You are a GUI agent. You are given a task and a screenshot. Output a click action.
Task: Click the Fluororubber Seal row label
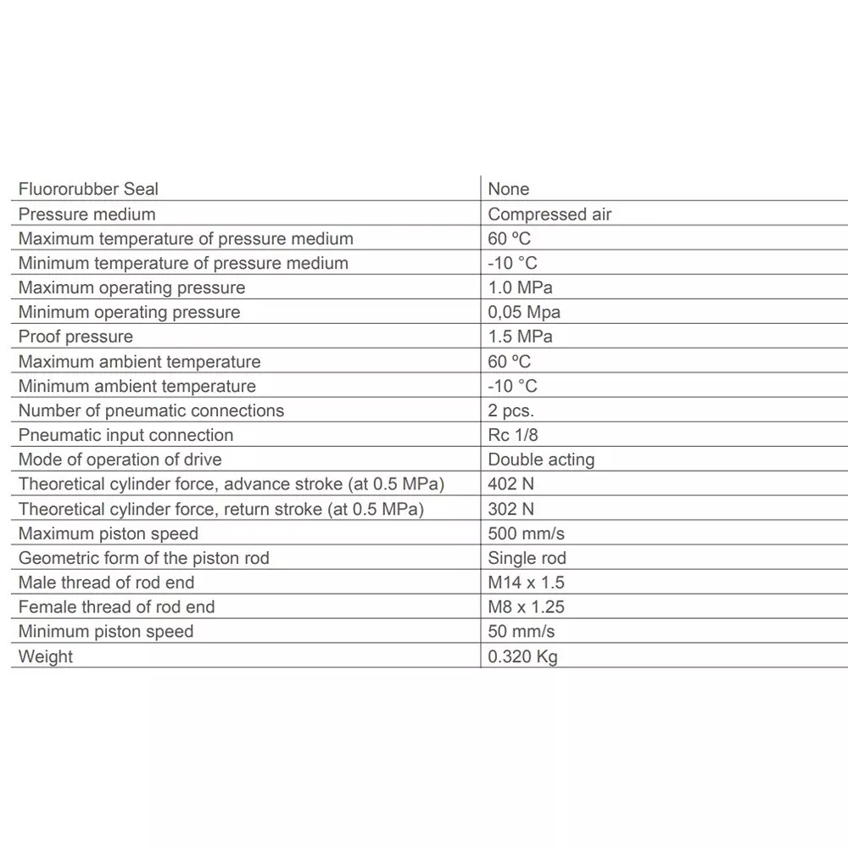(x=88, y=189)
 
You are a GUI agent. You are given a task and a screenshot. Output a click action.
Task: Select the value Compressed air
(x=550, y=215)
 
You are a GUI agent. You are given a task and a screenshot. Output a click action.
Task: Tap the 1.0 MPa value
(x=520, y=287)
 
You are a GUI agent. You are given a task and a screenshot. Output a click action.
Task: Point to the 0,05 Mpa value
(x=524, y=312)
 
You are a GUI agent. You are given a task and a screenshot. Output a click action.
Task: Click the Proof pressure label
(x=75, y=337)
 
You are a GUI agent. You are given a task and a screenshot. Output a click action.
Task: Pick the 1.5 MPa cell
(x=520, y=337)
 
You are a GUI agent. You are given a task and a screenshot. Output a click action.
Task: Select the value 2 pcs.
(x=511, y=410)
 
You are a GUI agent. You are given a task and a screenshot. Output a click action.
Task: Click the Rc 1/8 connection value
(x=513, y=435)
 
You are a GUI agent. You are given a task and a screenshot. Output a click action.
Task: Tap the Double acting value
(x=541, y=460)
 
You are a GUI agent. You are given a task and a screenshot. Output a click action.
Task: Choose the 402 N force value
(x=511, y=484)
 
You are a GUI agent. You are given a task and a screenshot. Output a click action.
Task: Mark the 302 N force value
(x=511, y=509)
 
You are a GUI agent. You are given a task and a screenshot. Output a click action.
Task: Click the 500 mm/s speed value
(x=527, y=533)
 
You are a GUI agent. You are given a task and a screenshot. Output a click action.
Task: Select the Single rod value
(x=527, y=558)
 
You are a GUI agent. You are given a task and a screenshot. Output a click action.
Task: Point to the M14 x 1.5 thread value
(x=526, y=583)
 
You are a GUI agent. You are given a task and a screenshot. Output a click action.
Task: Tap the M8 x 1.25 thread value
(x=526, y=607)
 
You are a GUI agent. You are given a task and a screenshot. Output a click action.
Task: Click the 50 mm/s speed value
(x=522, y=632)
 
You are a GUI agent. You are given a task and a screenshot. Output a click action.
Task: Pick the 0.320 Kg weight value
(x=523, y=656)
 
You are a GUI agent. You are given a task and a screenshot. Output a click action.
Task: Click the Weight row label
(x=46, y=656)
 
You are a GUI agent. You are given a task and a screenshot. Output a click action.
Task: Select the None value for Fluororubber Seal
(x=509, y=189)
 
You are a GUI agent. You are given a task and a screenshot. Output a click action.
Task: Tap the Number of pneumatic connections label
(x=151, y=410)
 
